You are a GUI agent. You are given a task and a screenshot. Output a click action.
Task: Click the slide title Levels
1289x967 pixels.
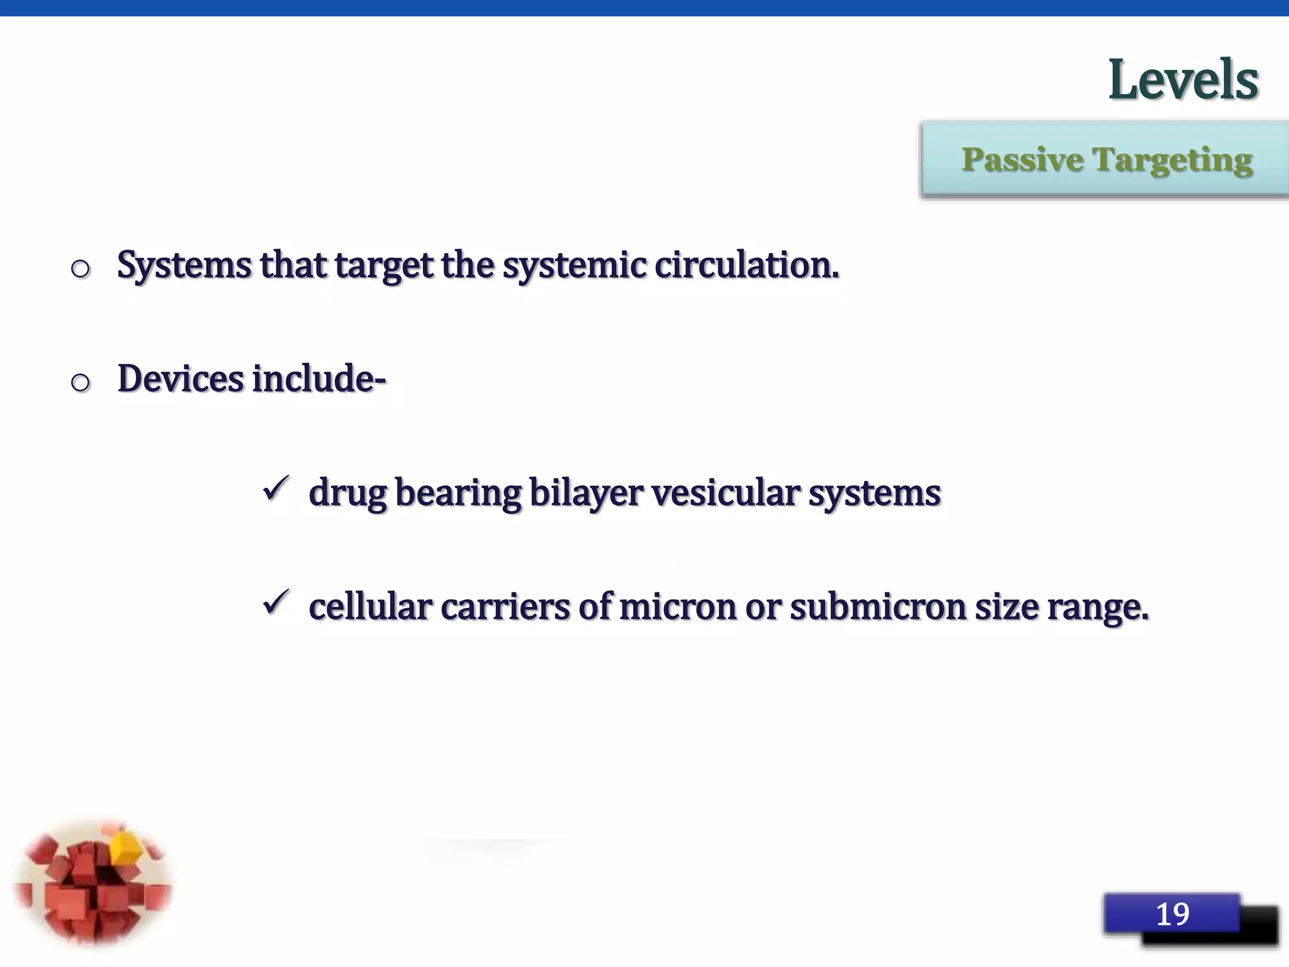coord(1183,80)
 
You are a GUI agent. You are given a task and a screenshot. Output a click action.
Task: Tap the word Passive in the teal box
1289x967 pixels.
coord(1021,160)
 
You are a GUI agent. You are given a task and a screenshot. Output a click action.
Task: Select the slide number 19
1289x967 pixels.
coord(1172,914)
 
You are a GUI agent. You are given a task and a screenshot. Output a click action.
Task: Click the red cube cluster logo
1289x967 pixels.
coord(93,883)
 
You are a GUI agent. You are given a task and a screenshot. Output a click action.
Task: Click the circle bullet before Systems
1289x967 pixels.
coord(81,269)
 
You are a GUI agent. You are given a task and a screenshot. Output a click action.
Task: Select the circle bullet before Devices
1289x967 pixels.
coord(81,382)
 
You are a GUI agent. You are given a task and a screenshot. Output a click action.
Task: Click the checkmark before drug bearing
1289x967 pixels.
coord(276,489)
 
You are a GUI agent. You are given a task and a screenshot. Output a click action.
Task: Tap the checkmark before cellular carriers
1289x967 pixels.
coord(276,602)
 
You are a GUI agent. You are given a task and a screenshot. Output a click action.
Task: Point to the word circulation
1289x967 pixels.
coord(746,265)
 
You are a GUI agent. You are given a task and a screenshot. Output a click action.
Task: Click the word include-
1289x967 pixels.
coord(319,379)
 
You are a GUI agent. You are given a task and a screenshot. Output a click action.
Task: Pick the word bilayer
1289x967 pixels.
coord(586,493)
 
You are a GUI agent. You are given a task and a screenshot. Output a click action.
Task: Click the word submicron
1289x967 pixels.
coord(877,608)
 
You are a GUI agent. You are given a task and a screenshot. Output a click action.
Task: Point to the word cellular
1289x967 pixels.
coord(370,608)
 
